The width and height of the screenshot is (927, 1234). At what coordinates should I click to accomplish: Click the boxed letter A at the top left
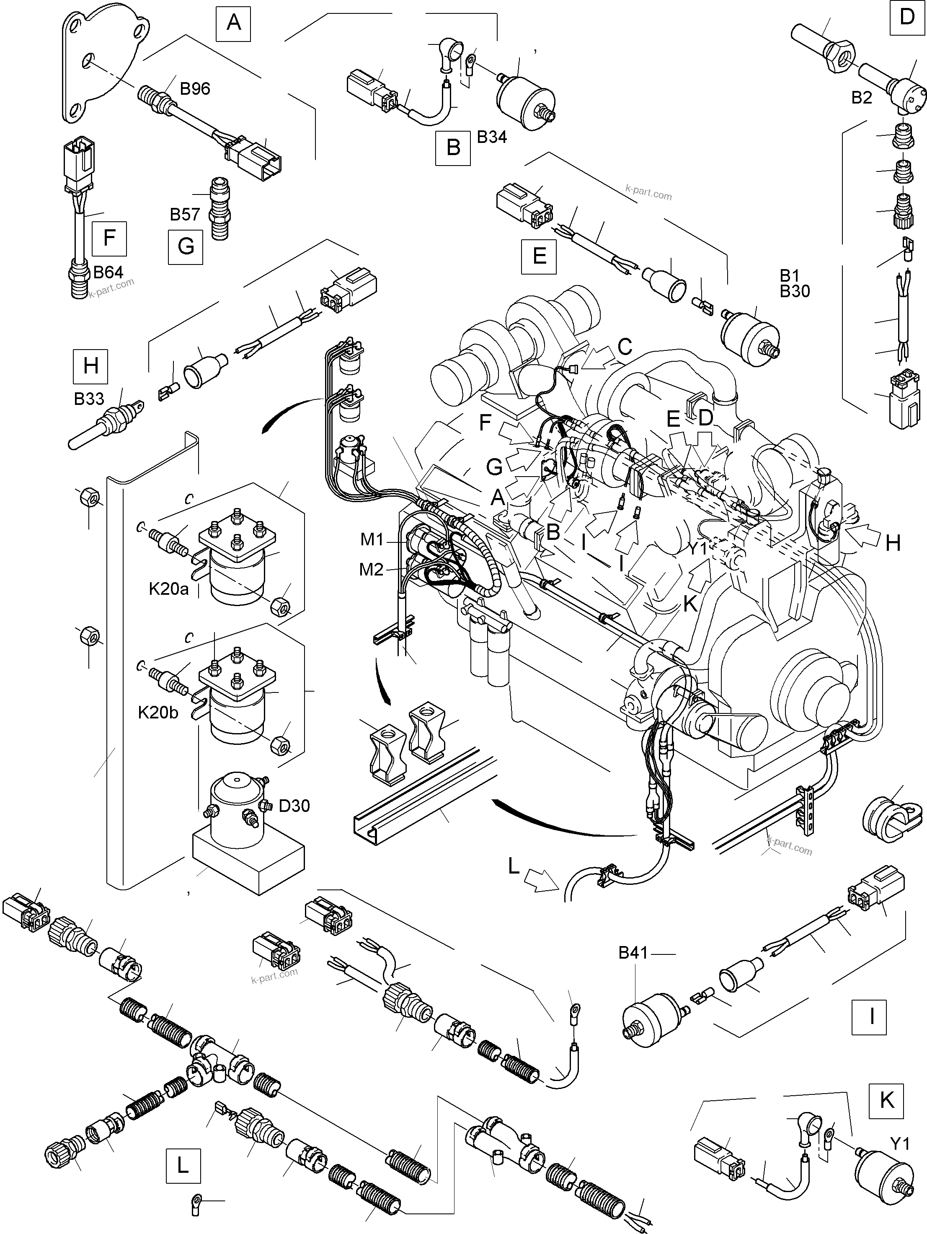[234, 23]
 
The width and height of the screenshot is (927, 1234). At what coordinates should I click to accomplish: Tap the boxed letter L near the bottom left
[183, 1165]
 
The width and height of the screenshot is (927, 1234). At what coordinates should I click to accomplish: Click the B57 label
[184, 214]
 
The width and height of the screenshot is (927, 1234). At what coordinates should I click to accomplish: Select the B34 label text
[492, 137]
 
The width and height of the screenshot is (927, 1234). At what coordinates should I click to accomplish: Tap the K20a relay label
[168, 588]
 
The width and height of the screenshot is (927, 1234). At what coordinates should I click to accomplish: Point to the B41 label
[633, 953]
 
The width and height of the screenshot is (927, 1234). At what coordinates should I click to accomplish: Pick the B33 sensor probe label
[89, 399]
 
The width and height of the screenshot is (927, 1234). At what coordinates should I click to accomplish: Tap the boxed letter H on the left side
[91, 366]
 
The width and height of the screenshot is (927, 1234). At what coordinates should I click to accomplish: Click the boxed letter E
[539, 256]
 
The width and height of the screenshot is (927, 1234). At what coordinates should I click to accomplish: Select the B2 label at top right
[861, 98]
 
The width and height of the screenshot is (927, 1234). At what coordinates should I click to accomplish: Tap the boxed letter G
[186, 246]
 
